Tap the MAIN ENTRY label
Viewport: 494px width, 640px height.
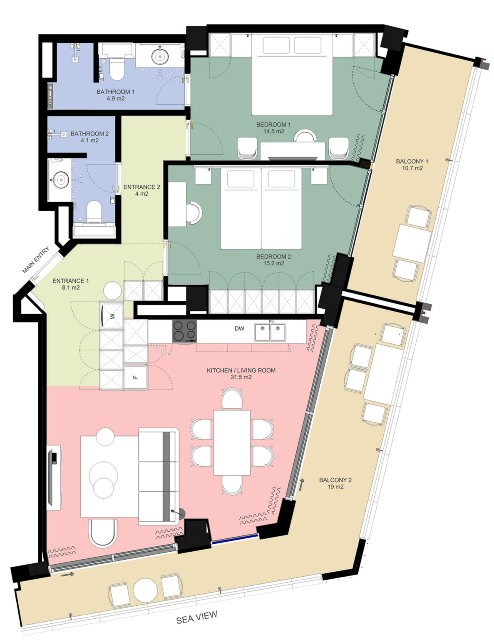pyautogui.click(x=36, y=260)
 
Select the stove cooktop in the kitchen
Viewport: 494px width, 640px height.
pyautogui.click(x=185, y=331)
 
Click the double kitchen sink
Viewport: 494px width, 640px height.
pyautogui.click(x=270, y=332)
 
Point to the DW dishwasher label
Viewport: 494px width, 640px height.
pyautogui.click(x=239, y=329)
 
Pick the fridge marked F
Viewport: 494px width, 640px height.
pyautogui.click(x=136, y=377)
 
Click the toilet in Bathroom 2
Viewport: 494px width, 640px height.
pyautogui.click(x=94, y=212)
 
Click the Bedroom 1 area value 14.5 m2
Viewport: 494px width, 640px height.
pyautogui.click(x=273, y=131)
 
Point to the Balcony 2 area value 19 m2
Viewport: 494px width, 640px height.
pyautogui.click(x=335, y=487)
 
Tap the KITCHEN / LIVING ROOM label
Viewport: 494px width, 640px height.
pyautogui.click(x=241, y=370)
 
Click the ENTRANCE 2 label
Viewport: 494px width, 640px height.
pyautogui.click(x=142, y=187)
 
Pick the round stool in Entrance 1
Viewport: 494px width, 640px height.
pyautogui.click(x=112, y=291)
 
